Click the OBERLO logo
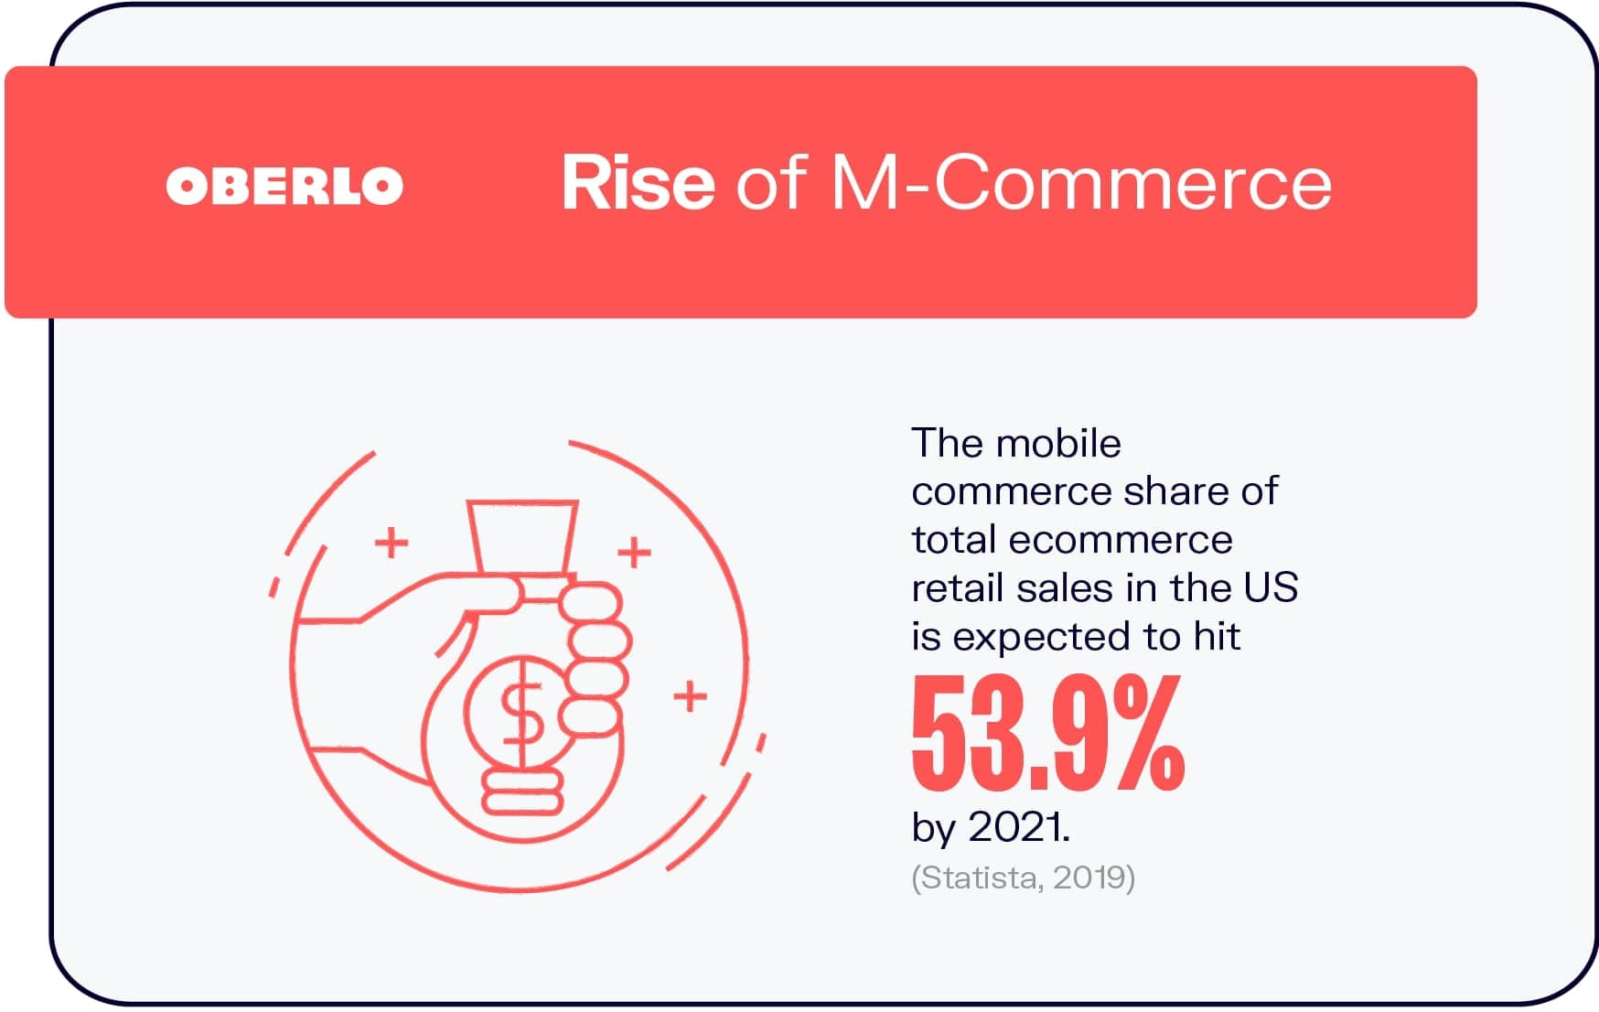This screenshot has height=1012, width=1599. pos(284,186)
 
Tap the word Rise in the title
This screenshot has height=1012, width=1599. pos(638,183)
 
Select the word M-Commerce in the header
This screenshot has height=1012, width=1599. pos(1080,183)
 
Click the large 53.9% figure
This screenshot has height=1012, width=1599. pos(1047,734)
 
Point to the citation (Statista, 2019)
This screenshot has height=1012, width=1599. pos(1023,877)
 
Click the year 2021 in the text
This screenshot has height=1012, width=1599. pos(1018,827)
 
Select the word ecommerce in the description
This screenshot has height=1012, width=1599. pos(1121,540)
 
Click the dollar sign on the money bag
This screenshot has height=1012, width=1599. pos(520,715)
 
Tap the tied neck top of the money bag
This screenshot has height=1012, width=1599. pos(522,538)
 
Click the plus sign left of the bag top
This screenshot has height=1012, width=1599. pos(392,543)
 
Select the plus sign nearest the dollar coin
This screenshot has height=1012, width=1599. pos(690,696)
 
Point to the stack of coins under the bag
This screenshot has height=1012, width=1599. pos(521,791)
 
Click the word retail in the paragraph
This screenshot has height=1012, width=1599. pos(949,587)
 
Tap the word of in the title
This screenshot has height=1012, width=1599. pos(770,183)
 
